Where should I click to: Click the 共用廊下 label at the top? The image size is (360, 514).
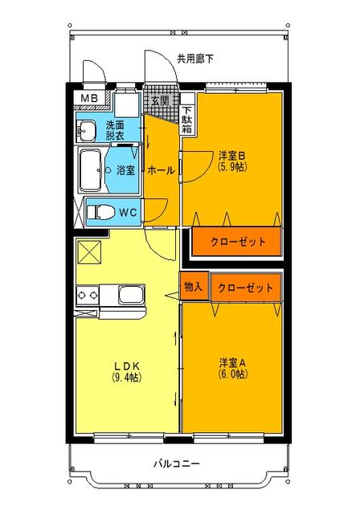click(x=195, y=59)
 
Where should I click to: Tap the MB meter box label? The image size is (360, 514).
click(x=88, y=100)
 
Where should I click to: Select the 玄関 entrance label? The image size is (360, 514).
click(x=159, y=101)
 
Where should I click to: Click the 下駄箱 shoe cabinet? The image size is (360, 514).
click(x=186, y=120)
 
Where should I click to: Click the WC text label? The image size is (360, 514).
click(x=129, y=213)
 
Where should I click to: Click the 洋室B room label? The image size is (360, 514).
click(x=231, y=155)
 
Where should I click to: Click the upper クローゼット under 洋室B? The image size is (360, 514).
click(x=237, y=241)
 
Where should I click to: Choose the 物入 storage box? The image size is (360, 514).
click(x=193, y=286)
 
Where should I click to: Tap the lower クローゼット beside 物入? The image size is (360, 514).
click(x=246, y=287)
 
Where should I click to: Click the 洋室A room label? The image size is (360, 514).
click(x=231, y=361)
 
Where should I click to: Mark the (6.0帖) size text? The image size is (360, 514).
click(x=231, y=373)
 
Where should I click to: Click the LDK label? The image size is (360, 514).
click(x=125, y=363)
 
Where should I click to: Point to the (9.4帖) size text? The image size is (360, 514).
click(x=125, y=376)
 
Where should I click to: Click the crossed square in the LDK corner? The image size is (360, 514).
click(x=88, y=252)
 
